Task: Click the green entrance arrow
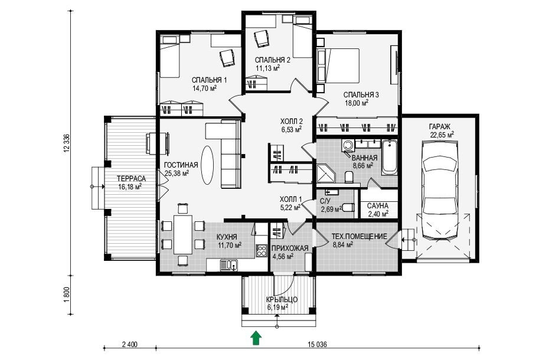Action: coord(257,338)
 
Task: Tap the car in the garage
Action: coord(440,191)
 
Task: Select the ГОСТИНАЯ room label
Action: coord(181,165)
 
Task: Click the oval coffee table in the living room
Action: coord(207,165)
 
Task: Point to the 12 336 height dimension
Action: coord(67,143)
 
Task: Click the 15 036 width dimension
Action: coord(317,345)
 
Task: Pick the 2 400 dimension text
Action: coord(129,345)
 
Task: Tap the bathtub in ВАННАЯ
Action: coord(390,157)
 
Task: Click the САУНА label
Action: coord(377,206)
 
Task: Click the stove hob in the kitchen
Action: coord(262,250)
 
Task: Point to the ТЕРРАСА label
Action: coord(131,179)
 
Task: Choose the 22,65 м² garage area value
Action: coord(442,135)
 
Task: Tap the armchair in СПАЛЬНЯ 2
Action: coord(261,38)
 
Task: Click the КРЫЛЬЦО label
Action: coord(282,300)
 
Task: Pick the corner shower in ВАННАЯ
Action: coord(326,174)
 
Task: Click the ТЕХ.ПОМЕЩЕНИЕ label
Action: coord(360,237)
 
